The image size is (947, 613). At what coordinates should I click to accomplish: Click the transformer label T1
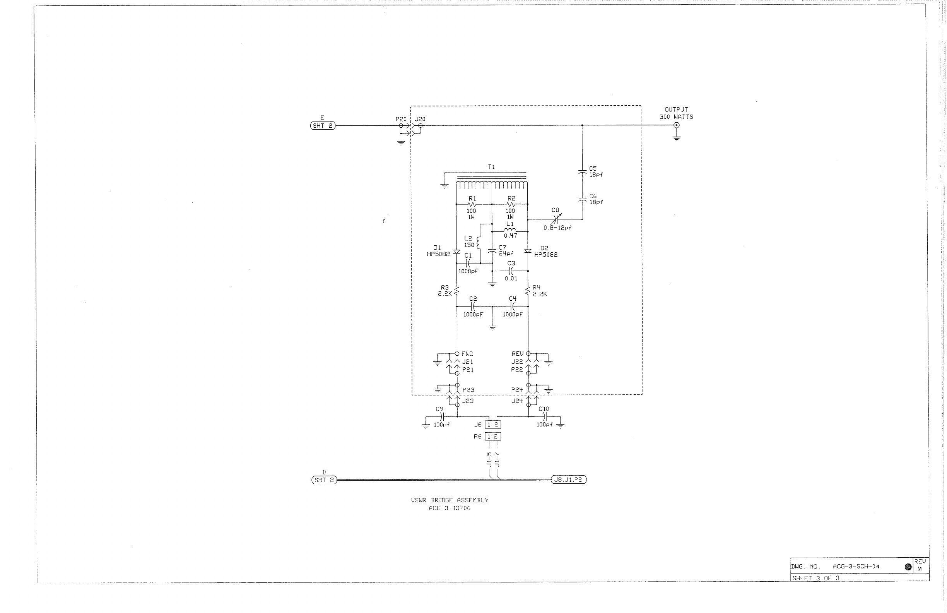coord(491,167)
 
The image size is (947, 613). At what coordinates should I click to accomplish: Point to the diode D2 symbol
coord(528,251)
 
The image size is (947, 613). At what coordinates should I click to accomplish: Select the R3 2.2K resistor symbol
coord(456,291)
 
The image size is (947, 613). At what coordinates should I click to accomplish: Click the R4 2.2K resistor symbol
coord(528,291)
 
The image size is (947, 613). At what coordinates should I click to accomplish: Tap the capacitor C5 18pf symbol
coord(582,172)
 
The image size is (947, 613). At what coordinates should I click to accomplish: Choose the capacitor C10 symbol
coord(545,417)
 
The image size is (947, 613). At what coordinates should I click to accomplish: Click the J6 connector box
coord(492,425)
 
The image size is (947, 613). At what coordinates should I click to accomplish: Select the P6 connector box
coord(492,437)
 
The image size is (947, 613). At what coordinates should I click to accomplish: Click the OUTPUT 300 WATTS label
coord(676,113)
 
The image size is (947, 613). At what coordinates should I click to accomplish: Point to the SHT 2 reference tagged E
coord(323,126)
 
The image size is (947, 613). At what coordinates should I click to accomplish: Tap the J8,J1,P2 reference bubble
coord(569,479)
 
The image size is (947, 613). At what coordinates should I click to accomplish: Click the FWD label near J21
coord(468,354)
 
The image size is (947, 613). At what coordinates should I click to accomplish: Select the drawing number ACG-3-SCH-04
coord(856,567)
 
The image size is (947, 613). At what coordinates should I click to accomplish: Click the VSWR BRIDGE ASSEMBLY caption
coord(450,500)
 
